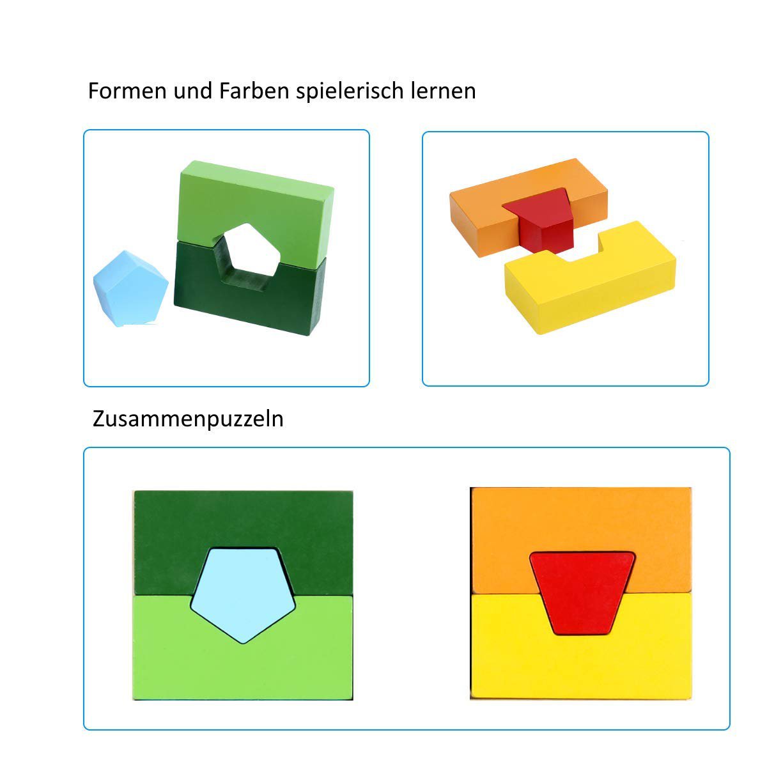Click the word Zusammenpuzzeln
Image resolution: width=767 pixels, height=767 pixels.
point(188,419)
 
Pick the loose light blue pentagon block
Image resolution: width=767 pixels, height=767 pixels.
point(130,288)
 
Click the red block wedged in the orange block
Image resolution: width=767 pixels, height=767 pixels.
point(541,221)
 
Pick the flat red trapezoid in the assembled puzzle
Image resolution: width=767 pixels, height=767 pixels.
point(582,593)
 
